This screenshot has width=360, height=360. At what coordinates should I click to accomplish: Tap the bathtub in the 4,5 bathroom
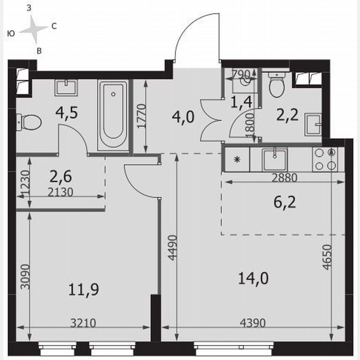click(113, 115)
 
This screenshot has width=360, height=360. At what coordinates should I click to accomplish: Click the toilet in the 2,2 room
click(275, 85)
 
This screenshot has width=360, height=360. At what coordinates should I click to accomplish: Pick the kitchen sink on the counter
click(274, 160)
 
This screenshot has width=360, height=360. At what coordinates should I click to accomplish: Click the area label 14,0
click(253, 278)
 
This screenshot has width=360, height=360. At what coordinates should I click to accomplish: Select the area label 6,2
click(282, 204)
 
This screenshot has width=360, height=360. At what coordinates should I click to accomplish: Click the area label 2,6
click(60, 176)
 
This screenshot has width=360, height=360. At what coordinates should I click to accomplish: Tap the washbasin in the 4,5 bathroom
click(66, 88)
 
